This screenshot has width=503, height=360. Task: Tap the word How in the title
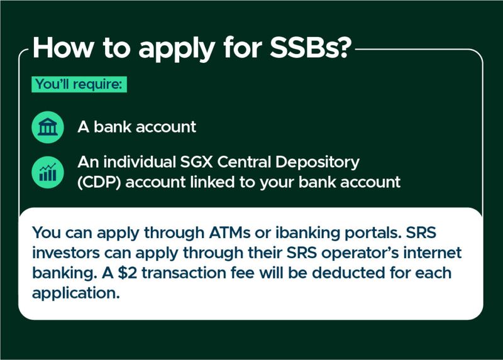pos(64,48)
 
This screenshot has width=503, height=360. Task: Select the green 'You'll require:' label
pos(79,84)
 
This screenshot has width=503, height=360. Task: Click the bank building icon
pos(48,127)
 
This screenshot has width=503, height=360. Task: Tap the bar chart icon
pos(48,172)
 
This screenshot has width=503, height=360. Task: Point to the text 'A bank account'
pos(136,127)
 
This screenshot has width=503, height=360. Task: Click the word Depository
pos(318,163)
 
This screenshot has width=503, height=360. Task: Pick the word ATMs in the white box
pos(229,232)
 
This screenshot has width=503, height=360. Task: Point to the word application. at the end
pos(76,293)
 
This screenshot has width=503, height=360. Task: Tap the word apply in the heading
pos(177,49)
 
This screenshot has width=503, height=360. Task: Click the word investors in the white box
pos(66,253)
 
